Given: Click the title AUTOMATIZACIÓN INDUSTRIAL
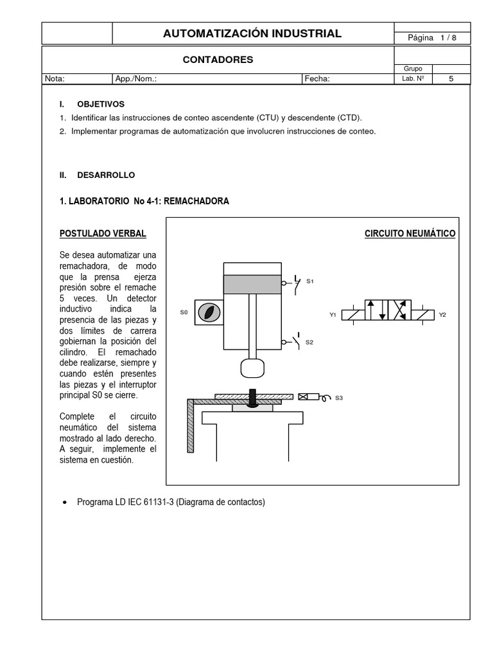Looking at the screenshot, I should coord(252,34).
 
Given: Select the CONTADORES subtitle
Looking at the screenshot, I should coord(218,60).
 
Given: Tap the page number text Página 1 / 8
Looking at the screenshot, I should coord(432,38).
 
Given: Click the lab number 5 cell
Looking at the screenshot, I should coord(451,79).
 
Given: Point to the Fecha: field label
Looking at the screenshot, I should coord(317,79).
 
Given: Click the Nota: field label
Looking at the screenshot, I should coord(55,79).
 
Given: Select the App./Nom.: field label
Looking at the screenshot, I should coord(136,79).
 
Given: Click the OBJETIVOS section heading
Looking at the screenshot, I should coord(101,104).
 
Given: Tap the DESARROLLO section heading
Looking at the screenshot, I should coord(106,175).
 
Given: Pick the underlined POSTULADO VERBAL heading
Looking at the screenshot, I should coord(103,233).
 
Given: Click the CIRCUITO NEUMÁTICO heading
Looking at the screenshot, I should coord(410,233).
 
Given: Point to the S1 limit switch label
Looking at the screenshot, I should coord(309,281).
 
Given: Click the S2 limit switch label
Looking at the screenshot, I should coord(309,342).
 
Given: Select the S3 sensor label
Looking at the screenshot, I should coord(339,398).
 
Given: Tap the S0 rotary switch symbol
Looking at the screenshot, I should coord(207,312).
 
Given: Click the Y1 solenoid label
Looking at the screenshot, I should coord(333,315).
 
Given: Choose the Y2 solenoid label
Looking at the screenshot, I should coord(442,315).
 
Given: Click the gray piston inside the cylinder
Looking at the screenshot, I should coord(252,283).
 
